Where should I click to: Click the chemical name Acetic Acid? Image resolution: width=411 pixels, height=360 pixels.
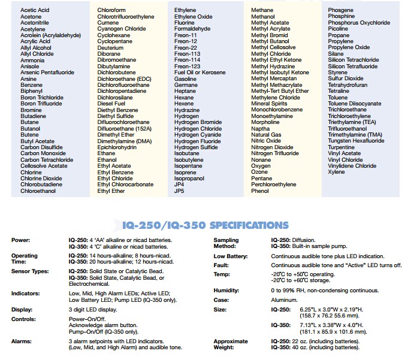35,10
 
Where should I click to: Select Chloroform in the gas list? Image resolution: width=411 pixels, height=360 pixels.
112,10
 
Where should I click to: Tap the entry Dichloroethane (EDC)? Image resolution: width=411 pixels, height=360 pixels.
124,79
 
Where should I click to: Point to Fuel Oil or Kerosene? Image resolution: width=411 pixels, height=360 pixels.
200,72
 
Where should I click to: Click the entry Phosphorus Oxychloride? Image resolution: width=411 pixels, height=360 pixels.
359,22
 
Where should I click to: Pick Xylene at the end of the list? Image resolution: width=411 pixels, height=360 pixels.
336,173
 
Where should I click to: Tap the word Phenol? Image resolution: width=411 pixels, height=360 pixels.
260,191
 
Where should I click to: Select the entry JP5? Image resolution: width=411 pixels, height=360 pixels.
179,191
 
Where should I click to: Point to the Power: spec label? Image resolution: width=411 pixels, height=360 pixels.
20,240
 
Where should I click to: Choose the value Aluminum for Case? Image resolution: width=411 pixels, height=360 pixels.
284,300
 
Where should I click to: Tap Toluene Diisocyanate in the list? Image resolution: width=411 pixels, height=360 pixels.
354,104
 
